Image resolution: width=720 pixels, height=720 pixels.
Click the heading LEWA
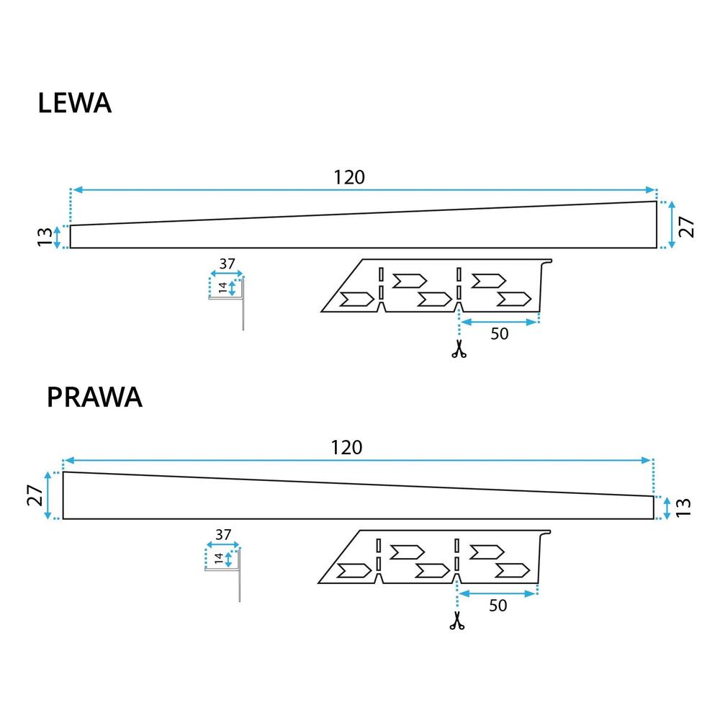tap(74, 103)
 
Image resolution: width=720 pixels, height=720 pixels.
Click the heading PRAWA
tap(94, 397)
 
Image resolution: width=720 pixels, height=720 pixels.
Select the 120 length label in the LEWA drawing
tap(349, 177)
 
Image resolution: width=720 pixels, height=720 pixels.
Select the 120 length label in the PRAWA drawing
tap(346, 447)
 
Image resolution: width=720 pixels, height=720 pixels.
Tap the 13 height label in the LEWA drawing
tap(45, 236)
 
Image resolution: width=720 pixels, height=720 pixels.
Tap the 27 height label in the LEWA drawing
tap(688, 225)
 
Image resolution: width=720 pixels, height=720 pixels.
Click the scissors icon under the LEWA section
tap(458, 350)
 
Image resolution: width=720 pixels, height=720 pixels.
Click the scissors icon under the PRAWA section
tap(456, 621)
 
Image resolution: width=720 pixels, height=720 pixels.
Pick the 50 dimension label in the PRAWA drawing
tap(497, 606)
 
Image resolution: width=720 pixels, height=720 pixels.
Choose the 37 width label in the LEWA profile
tap(228, 264)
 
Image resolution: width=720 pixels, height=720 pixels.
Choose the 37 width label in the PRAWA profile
tap(223, 535)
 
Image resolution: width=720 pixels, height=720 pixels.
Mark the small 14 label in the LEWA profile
tap(223, 287)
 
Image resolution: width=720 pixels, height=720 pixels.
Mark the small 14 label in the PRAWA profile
tap(219, 558)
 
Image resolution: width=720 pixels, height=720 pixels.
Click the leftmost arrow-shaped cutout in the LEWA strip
tap(356, 300)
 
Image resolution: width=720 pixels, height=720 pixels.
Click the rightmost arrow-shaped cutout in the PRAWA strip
tap(513, 570)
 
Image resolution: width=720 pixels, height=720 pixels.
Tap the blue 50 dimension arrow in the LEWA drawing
tap(500, 322)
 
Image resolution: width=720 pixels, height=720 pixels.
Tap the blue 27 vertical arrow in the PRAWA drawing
tap(48, 495)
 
